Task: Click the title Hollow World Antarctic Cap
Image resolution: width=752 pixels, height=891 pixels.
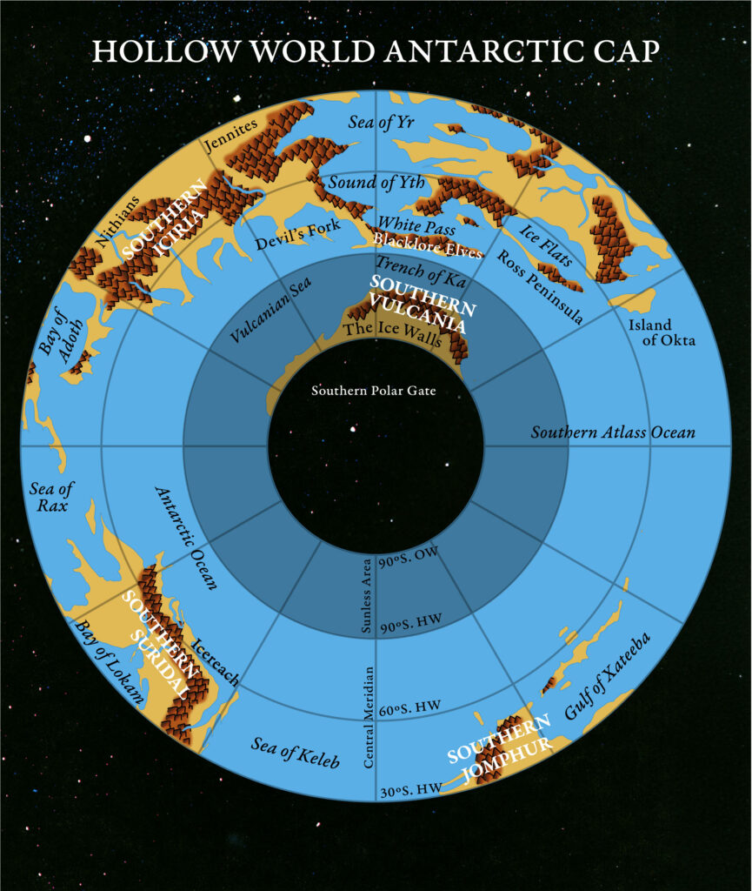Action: pos(376,50)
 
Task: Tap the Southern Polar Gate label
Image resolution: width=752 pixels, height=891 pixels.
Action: pos(374,391)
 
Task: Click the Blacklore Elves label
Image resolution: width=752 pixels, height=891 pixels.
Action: pos(427,245)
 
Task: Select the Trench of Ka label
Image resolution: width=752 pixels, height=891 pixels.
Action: pos(415,270)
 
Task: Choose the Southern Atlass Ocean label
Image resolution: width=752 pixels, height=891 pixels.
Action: pos(613,432)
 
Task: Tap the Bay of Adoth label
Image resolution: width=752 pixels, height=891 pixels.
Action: pos(54,342)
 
